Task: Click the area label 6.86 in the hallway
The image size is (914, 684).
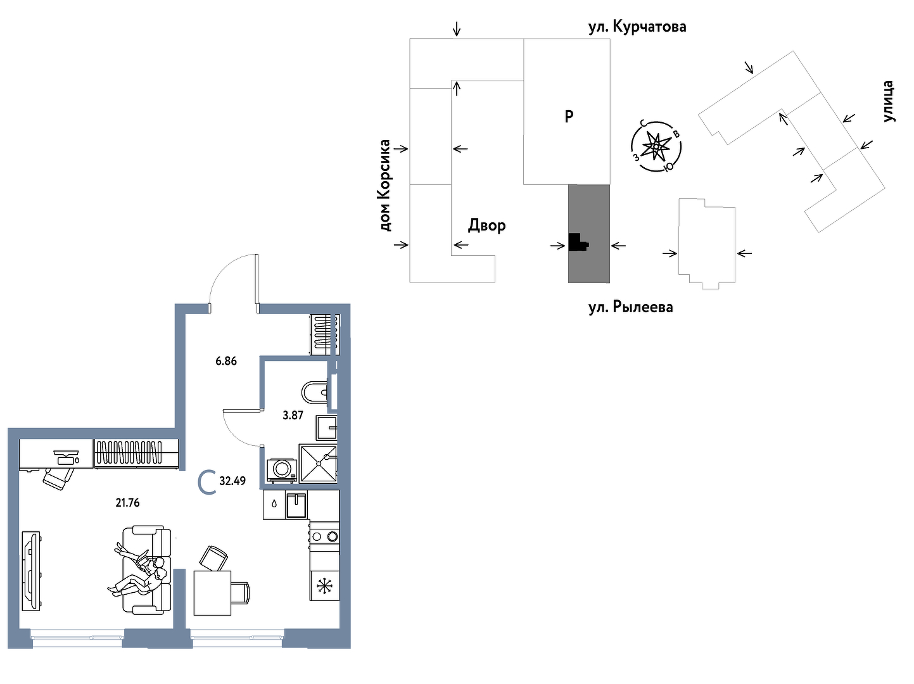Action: [x=226, y=361]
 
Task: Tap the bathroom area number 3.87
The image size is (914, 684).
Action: [x=293, y=415]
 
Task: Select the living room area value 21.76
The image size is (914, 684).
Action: [x=127, y=503]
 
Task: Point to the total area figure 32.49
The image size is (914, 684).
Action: [x=232, y=481]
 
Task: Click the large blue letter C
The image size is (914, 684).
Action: [x=206, y=482]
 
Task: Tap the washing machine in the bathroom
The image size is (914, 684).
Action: [x=281, y=470]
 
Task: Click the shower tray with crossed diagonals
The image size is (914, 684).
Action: [x=318, y=464]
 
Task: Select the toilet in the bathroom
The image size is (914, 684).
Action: [x=315, y=393]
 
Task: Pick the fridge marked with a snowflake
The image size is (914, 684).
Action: [x=324, y=586]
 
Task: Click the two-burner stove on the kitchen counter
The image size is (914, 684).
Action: [x=324, y=537]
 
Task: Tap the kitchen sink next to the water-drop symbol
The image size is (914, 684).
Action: [x=296, y=505]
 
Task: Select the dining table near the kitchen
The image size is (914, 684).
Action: [x=212, y=592]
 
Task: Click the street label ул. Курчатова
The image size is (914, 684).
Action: [x=637, y=27]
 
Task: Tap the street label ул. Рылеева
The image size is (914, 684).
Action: [x=630, y=308]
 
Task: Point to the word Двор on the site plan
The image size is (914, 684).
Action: [x=486, y=225]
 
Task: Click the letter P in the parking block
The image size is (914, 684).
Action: [x=569, y=117]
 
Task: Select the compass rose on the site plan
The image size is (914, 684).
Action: [x=656, y=146]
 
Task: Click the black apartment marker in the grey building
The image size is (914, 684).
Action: [x=577, y=242]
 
